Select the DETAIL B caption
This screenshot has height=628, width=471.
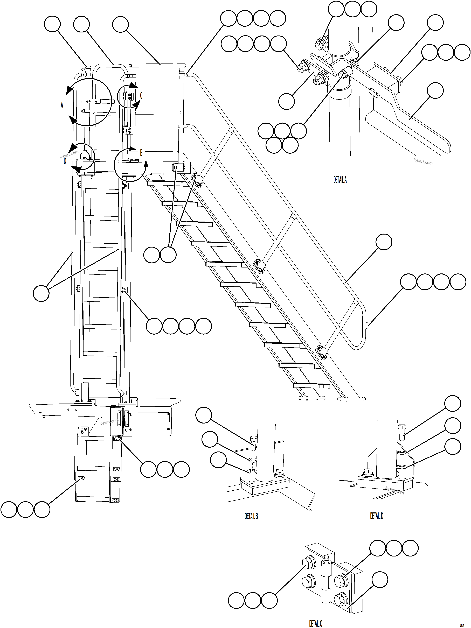point(251,516)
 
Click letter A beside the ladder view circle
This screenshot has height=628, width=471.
point(62,105)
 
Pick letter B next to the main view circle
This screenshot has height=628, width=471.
point(141,152)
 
